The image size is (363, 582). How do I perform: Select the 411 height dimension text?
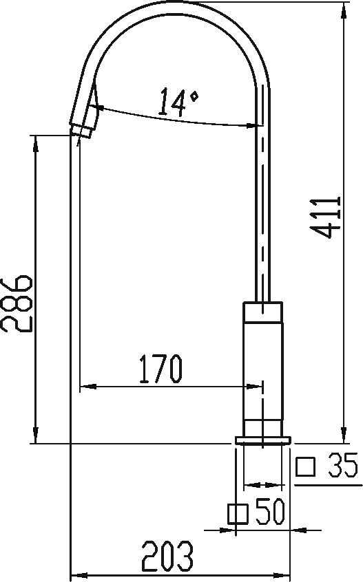pyautogui.click(x=326, y=217)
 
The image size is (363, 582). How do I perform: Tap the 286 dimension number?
pyautogui.click(x=17, y=303)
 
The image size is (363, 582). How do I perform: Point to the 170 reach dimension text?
pyautogui.click(x=160, y=369)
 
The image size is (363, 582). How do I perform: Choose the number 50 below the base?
pyautogui.click(x=271, y=512)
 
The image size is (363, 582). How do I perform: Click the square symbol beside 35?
pyautogui.click(x=305, y=467)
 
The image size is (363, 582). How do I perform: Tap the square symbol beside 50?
pyautogui.click(x=238, y=514)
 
